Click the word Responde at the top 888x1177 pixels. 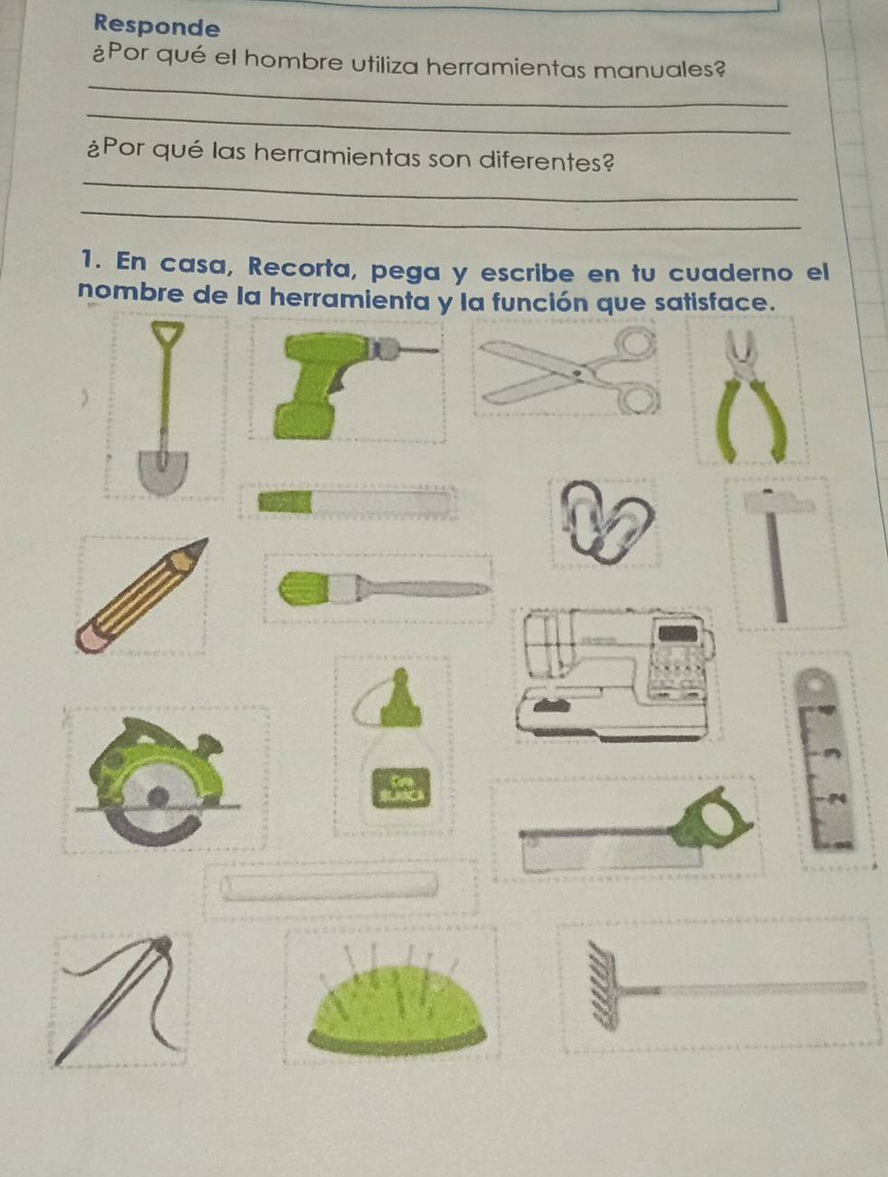[x=156, y=25]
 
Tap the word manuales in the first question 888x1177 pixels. [x=660, y=70]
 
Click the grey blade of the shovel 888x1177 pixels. [x=163, y=471]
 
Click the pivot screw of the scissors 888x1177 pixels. [x=577, y=372]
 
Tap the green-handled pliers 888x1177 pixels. [x=751, y=396]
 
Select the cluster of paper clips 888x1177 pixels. [x=606, y=521]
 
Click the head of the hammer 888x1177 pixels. [x=779, y=503]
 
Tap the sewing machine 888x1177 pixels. [x=614, y=675]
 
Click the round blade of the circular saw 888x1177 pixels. [x=156, y=803]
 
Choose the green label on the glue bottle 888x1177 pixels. [x=401, y=787]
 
